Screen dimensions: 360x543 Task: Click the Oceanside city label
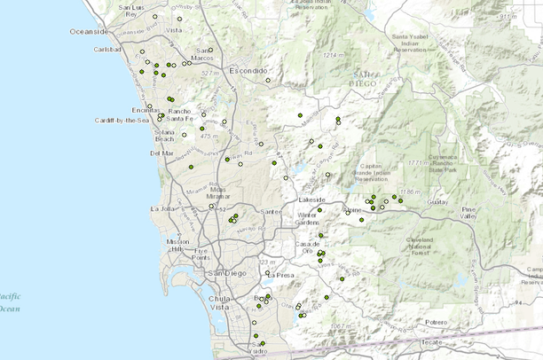(89, 31)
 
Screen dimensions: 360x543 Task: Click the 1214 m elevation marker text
(333, 55)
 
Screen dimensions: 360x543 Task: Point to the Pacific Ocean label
(9, 302)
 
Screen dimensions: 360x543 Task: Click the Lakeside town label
(311, 200)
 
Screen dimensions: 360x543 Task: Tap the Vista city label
(179, 30)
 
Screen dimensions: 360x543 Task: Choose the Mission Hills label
(178, 245)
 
